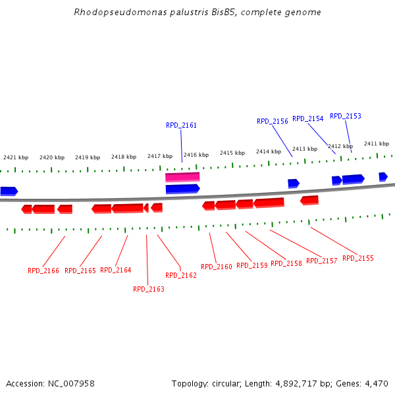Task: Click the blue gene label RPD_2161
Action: click(181, 125)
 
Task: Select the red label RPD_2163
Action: click(149, 289)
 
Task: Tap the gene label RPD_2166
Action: click(43, 271)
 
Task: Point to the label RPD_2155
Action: click(358, 258)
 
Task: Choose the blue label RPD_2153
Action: click(346, 116)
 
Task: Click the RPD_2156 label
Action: click(273, 121)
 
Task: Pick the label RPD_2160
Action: click(217, 267)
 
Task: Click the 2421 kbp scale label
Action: click(16, 157)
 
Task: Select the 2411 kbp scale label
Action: click(377, 144)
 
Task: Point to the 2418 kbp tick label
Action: click(124, 157)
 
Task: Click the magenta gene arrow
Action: click(182, 177)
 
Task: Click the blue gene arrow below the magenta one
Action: click(182, 189)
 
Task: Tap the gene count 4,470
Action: click(376, 383)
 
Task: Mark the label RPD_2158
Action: click(286, 263)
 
